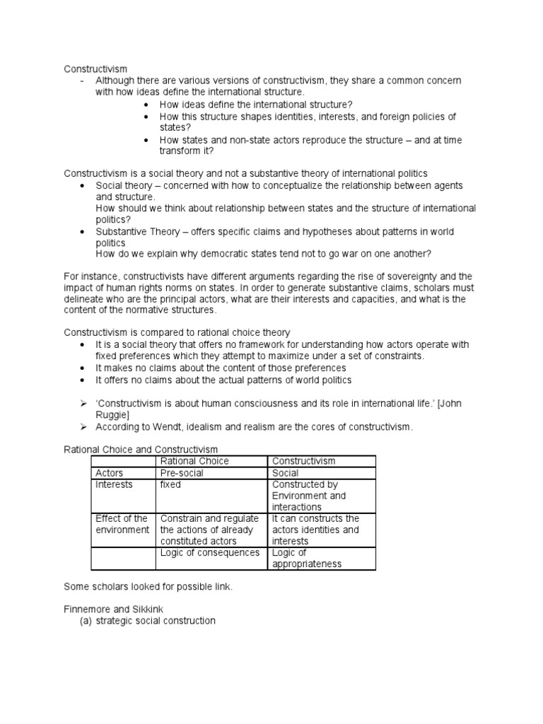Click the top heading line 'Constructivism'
click(95, 69)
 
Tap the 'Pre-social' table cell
click(180, 473)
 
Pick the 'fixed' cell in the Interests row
click(170, 485)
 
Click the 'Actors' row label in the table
click(110, 473)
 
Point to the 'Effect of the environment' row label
click(122, 524)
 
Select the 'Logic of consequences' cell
click(210, 553)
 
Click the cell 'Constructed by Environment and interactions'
click(309, 496)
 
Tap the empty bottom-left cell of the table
click(123, 559)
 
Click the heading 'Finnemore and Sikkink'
click(115, 609)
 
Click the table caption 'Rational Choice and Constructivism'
click(141, 449)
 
